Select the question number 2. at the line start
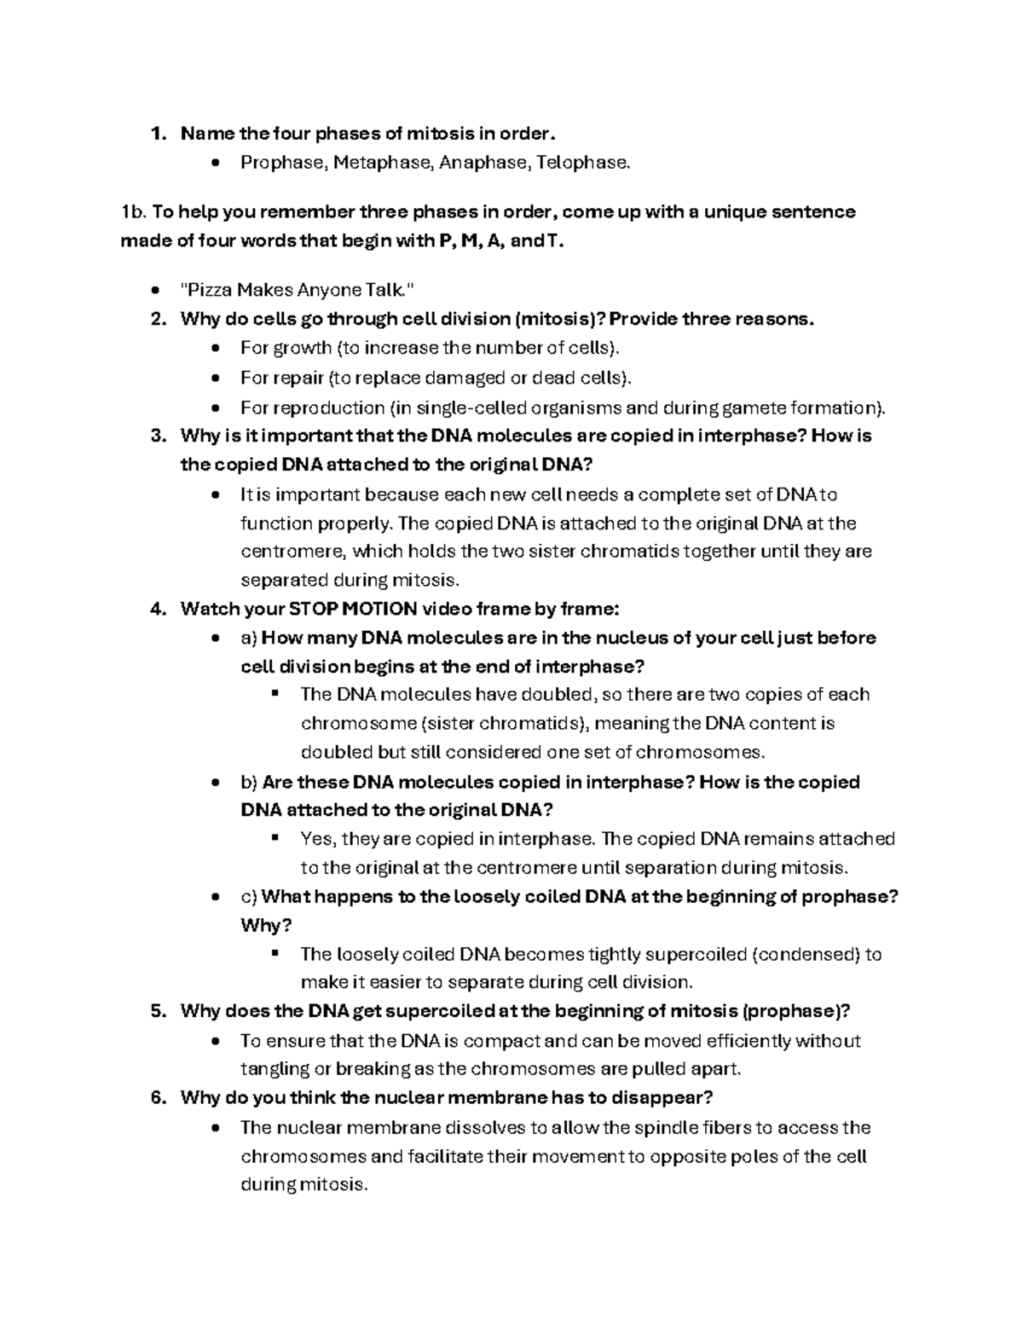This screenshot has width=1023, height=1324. pyautogui.click(x=157, y=319)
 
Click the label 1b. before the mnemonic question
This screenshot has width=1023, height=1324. pyautogui.click(x=134, y=211)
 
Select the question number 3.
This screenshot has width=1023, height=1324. pyautogui.click(x=157, y=436)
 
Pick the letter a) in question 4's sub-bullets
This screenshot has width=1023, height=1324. pyautogui.click(x=249, y=638)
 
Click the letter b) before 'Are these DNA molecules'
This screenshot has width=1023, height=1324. pyautogui.click(x=249, y=782)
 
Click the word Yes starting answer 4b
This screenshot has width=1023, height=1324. pyautogui.click(x=319, y=839)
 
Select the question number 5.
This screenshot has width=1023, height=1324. pyautogui.click(x=157, y=1011)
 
